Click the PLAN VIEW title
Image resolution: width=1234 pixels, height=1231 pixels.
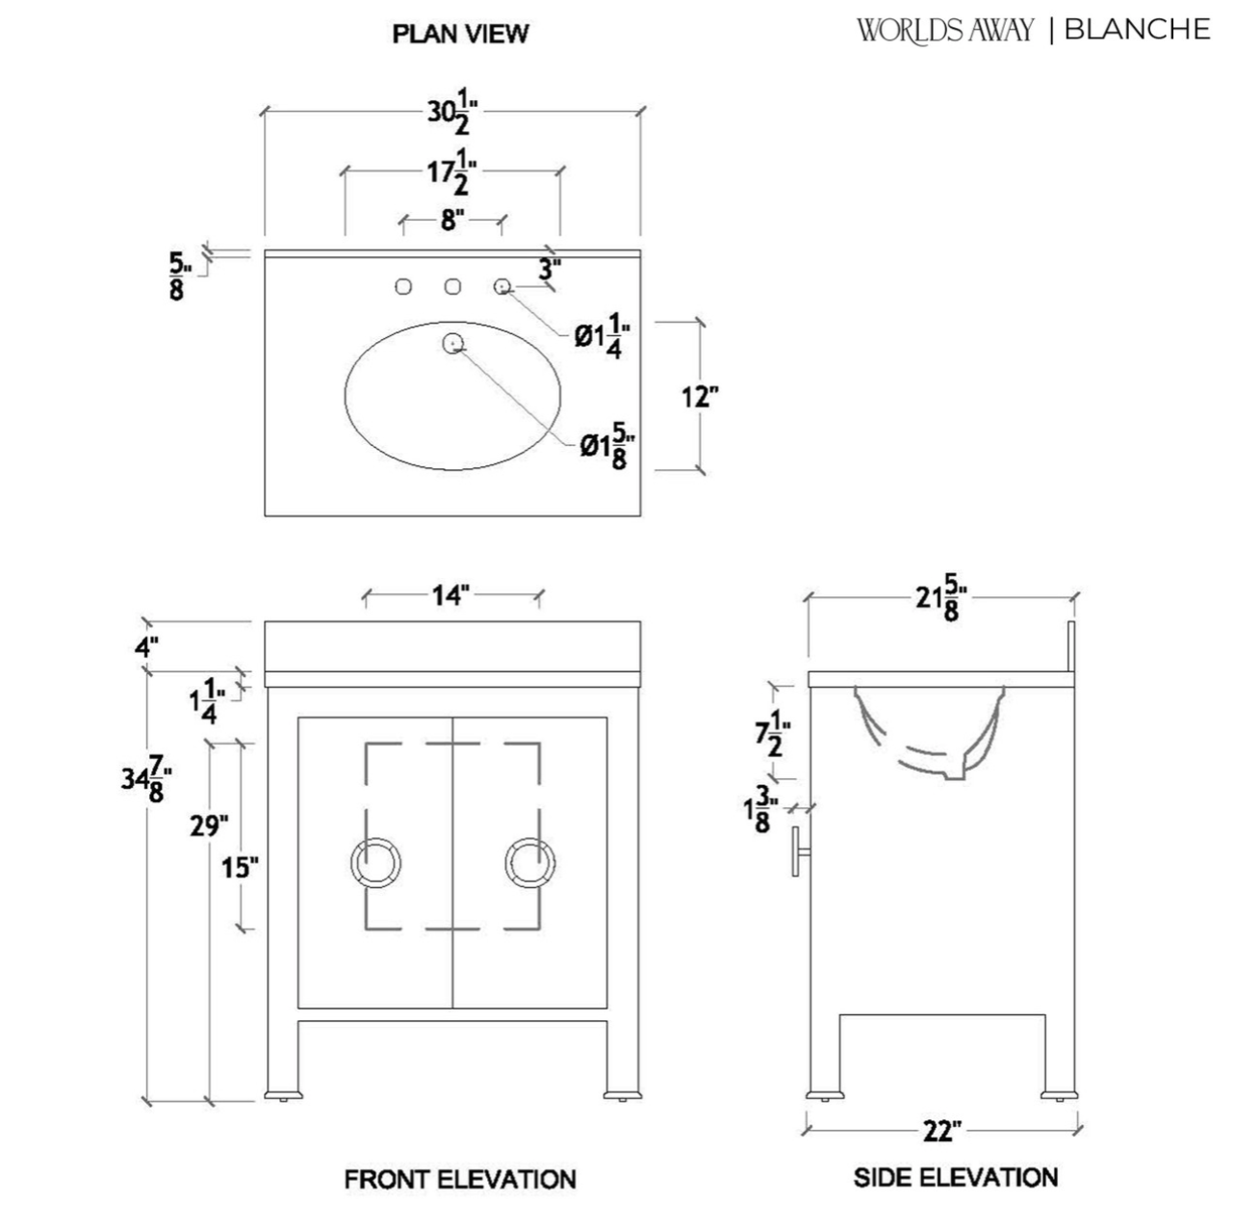pos(460,34)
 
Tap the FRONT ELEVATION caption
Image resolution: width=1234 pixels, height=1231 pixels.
pos(460,1178)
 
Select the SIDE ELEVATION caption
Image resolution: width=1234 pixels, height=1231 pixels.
pos(956,1176)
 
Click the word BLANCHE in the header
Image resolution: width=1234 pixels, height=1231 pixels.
pos(1137,30)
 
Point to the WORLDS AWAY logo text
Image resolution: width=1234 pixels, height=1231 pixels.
pos(944,31)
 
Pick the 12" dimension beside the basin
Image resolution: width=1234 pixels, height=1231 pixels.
pos(700,396)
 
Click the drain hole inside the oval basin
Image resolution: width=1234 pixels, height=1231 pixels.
pos(452,342)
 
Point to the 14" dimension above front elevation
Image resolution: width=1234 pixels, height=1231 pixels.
pos(450,595)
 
